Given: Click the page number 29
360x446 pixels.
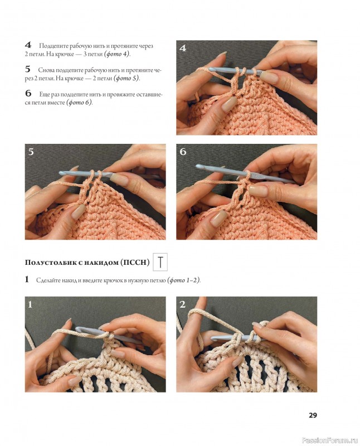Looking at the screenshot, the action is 313,415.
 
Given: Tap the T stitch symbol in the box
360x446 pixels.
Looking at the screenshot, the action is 160,261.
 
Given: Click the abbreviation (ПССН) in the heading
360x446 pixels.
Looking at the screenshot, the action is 134,262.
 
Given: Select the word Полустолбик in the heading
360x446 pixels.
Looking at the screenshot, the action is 50,262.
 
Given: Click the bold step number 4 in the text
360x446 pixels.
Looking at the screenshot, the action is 28,45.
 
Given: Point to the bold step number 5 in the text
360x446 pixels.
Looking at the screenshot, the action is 27,69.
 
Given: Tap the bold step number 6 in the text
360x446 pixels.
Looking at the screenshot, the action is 28,93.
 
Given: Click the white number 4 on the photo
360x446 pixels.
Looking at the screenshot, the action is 183,48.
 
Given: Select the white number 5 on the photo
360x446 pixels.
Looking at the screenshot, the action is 31,152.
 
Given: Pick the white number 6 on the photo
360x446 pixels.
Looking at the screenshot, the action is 183,152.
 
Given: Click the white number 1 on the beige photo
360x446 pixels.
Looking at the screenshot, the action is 30,304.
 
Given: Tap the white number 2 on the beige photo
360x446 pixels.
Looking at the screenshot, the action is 183,304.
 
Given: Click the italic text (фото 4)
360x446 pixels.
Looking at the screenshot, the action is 117,54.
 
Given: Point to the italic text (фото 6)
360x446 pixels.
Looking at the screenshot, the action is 79,102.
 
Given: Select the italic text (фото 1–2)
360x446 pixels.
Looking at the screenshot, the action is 184,280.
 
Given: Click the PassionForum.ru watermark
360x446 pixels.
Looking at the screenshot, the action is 330,440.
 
